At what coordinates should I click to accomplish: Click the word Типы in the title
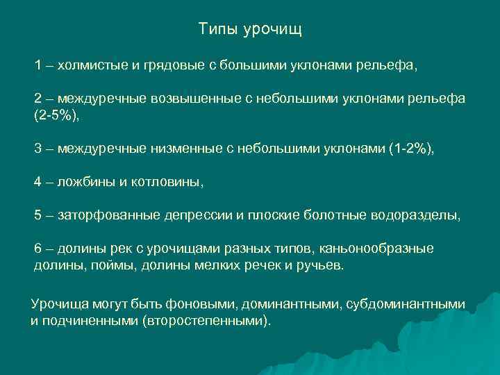216,29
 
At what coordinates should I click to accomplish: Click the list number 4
39,181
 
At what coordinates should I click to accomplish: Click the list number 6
39,248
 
